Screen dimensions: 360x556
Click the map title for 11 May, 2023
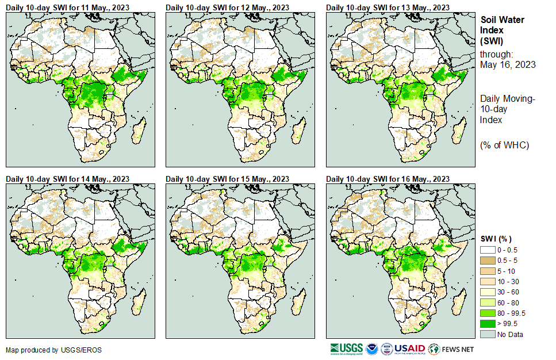67,7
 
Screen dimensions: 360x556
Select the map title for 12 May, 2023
228,7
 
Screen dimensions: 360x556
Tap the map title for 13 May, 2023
388,7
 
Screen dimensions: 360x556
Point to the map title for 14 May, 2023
67,179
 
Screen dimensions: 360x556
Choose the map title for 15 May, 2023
228,179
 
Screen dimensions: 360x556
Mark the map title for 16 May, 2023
388,179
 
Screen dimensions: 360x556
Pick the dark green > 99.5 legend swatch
488,324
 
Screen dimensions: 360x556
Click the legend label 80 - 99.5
511,313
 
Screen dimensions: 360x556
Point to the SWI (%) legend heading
496,239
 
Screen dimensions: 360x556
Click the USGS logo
346,348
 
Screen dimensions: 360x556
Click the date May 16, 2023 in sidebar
508,64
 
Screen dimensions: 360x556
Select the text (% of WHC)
504,144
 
